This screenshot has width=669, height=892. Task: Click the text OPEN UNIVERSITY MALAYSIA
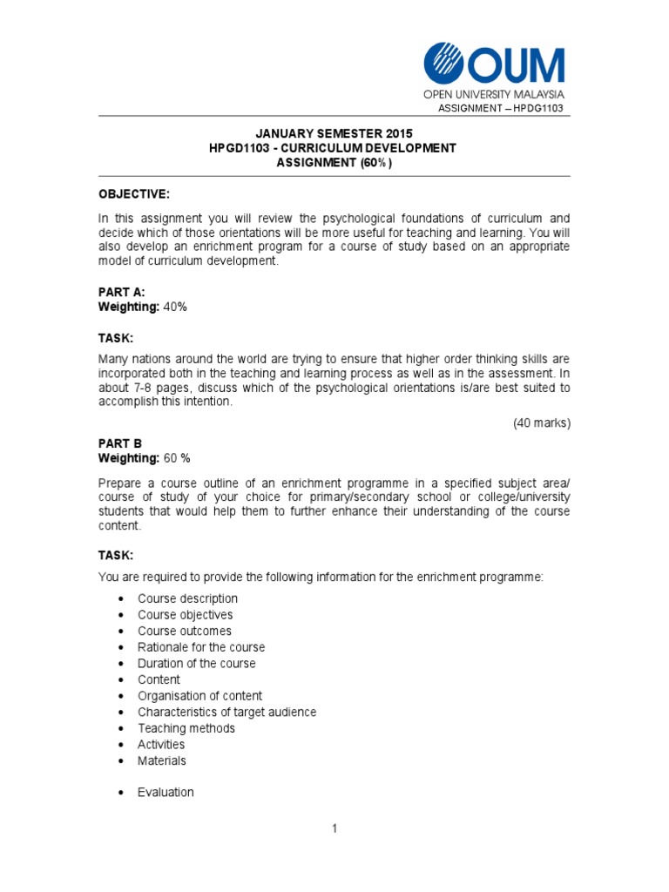[x=494, y=94]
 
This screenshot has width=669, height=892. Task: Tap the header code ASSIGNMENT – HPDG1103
[x=500, y=108]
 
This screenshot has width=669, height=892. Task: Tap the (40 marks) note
[x=541, y=423]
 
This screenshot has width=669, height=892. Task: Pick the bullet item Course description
[x=187, y=598]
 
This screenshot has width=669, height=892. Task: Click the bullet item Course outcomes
[x=185, y=631]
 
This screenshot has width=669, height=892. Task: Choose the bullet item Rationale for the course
[x=201, y=647]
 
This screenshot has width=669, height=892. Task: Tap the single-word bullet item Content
[x=159, y=679]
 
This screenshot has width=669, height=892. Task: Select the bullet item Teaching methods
[x=186, y=728]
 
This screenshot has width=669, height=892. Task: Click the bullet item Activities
[x=161, y=745]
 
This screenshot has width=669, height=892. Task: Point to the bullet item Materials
[x=162, y=760]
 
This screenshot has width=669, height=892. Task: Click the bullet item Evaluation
[x=166, y=793]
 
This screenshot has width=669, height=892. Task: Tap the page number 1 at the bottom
[x=334, y=829]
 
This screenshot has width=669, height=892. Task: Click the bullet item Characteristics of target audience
[x=226, y=713]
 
